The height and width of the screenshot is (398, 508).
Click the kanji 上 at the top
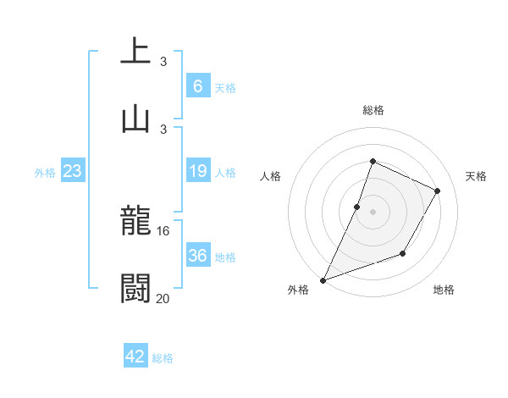click(135, 51)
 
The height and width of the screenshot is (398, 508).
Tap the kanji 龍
click(135, 222)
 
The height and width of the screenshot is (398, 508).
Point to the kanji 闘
click(135, 289)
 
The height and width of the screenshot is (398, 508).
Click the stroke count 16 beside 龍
click(163, 231)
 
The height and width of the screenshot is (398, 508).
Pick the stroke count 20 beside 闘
click(163, 298)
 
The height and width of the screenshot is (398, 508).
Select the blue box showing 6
click(197, 86)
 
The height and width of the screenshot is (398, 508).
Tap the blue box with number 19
click(197, 171)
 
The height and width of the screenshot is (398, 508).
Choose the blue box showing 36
click(197, 256)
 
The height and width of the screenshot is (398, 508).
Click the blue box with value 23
click(73, 171)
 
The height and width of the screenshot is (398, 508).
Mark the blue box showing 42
click(135, 357)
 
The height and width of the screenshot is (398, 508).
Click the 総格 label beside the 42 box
click(163, 358)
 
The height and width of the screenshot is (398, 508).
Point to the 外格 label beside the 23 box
click(45, 173)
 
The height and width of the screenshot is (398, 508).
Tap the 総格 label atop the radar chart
click(373, 110)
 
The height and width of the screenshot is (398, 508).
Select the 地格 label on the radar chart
click(444, 290)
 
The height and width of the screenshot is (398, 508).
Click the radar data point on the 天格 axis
click(438, 191)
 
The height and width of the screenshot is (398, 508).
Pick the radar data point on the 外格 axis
click(323, 279)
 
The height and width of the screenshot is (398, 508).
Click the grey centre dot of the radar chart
click(373, 212)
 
